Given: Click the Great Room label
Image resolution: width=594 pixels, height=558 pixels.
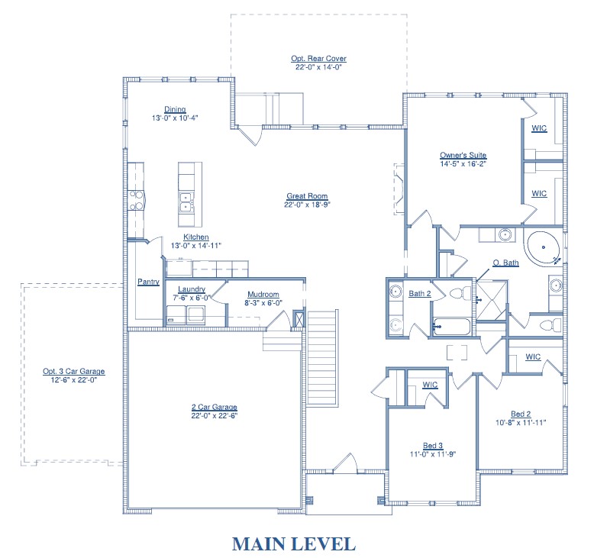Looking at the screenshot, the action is (x=307, y=196).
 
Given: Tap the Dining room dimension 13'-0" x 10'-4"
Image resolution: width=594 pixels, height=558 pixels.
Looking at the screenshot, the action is (x=175, y=118).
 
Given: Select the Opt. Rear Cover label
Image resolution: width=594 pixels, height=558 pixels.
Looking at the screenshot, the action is (x=318, y=58).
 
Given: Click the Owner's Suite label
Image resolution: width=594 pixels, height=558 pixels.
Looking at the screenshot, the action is (x=463, y=155).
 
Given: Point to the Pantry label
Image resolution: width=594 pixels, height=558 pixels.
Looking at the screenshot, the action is (x=148, y=282).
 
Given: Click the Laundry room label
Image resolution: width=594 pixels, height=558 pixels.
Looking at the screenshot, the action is (x=192, y=289).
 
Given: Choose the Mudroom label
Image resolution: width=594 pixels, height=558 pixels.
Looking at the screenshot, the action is (x=263, y=295).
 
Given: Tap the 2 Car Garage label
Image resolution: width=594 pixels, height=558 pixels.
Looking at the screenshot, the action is (x=215, y=407).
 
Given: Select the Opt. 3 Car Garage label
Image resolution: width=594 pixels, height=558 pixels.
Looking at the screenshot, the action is (x=74, y=371).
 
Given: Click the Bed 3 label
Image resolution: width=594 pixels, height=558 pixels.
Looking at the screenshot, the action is (x=433, y=446).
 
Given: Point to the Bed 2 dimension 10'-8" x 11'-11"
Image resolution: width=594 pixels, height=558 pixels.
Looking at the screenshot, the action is (x=521, y=423).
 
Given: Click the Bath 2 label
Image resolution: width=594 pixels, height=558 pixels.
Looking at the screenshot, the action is (x=420, y=294).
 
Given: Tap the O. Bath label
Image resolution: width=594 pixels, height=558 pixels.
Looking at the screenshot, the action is (x=505, y=263).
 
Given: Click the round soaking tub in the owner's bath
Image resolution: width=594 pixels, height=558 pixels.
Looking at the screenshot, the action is (x=544, y=247).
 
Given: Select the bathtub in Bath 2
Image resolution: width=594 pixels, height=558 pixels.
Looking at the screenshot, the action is (x=451, y=327).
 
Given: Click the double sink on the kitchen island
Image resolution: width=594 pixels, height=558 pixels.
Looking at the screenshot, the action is (x=186, y=202).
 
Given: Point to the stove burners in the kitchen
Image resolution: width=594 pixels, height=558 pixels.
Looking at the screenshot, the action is (x=136, y=201).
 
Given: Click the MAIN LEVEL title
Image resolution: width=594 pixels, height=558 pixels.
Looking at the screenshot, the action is (x=294, y=544).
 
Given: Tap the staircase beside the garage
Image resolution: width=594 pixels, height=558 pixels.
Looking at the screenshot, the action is (x=322, y=358).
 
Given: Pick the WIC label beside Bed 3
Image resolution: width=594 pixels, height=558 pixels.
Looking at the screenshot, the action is (x=430, y=385).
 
